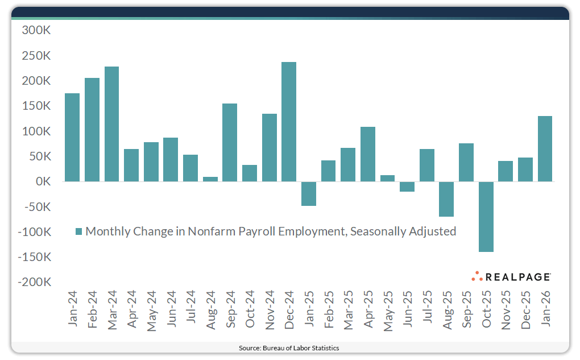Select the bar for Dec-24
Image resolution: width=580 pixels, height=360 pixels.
point(289,122)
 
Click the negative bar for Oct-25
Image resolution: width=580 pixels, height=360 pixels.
point(486,217)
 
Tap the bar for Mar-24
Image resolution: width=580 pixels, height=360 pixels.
point(111,124)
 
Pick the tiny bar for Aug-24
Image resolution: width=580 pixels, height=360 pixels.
point(210,179)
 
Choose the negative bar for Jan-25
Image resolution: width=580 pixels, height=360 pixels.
point(309,193)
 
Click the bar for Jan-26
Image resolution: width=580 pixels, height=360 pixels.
point(545,148)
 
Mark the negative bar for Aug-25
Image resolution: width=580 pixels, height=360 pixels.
point(446,199)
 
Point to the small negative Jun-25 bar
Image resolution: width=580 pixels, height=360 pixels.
point(407,187)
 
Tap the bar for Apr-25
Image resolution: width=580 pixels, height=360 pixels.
point(368,154)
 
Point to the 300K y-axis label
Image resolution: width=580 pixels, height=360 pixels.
point(36,31)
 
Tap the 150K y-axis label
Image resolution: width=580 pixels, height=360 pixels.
point(36,106)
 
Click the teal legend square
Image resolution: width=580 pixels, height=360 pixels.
point(79,231)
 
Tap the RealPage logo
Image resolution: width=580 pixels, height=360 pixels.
point(511,276)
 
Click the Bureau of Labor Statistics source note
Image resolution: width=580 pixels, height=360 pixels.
point(290,347)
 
